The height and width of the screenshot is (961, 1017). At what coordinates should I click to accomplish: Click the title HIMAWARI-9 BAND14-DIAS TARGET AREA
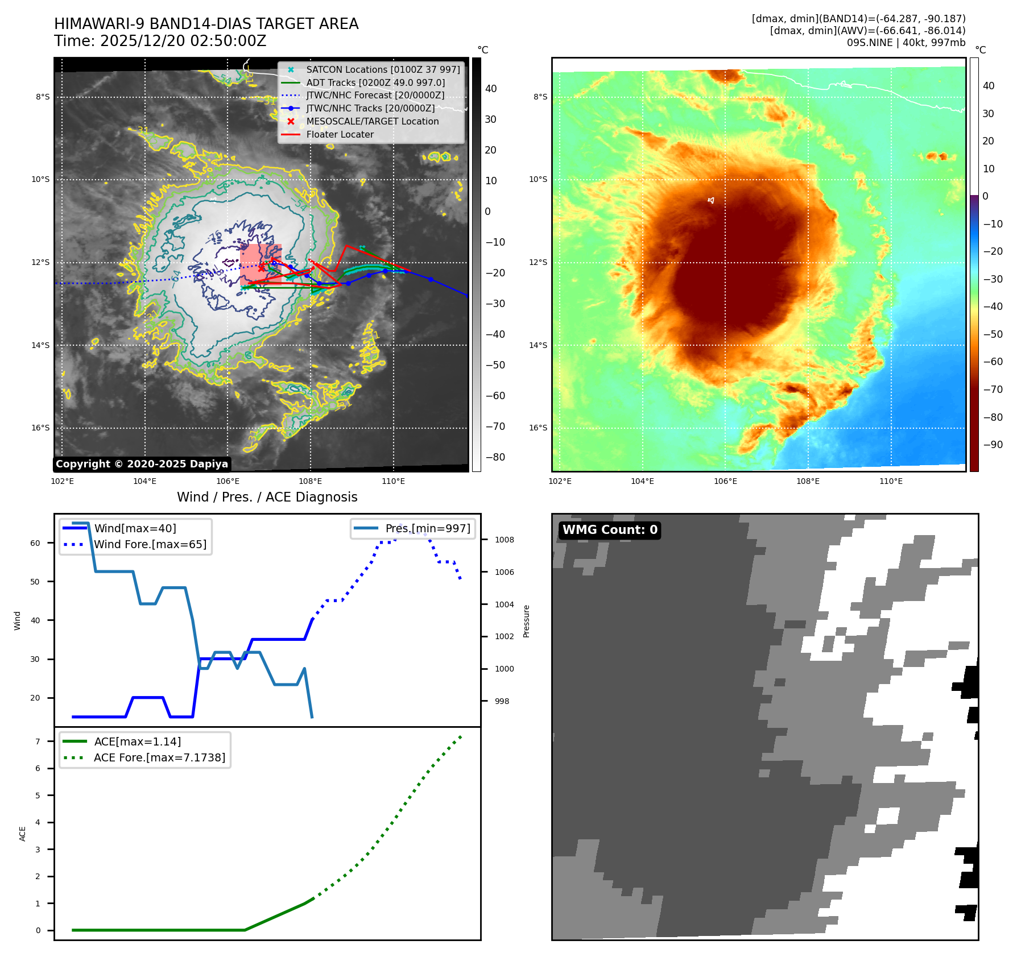click(x=206, y=24)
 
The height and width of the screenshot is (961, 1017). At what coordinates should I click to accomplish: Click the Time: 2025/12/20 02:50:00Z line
click(x=160, y=41)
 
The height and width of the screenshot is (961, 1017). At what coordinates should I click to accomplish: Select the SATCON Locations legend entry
click(x=382, y=69)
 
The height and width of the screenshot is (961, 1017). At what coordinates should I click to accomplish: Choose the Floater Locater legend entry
click(x=340, y=134)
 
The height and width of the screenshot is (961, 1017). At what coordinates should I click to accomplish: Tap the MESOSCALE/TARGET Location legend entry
click(x=372, y=121)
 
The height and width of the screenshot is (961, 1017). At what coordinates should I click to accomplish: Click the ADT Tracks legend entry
click(x=375, y=82)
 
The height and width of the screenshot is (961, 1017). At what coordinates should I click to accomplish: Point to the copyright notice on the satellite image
click(x=142, y=464)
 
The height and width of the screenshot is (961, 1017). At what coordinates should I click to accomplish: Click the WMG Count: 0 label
click(x=610, y=530)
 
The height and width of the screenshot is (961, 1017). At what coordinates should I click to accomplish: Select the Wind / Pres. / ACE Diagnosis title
click(x=267, y=497)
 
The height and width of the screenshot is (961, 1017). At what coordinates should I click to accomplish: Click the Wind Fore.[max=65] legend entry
click(x=150, y=544)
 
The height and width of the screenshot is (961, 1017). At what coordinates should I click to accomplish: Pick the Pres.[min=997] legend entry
click(x=427, y=528)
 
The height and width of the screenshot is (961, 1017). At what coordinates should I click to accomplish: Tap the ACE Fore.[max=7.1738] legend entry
click(x=159, y=757)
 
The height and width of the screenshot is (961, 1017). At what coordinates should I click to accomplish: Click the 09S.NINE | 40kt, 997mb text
click(x=906, y=43)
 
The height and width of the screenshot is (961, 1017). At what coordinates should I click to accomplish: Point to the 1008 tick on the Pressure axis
click(x=504, y=540)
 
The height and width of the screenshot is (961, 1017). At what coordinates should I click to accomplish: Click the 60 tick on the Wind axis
click(x=35, y=543)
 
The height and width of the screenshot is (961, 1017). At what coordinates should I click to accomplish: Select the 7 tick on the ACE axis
click(x=38, y=742)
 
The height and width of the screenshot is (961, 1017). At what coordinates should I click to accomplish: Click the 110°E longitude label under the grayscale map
click(x=393, y=482)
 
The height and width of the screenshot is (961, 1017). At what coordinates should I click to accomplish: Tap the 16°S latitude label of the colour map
click(x=538, y=428)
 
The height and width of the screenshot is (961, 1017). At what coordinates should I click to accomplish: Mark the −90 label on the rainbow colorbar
click(x=993, y=445)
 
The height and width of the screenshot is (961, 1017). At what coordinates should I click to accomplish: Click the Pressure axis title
click(x=526, y=621)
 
